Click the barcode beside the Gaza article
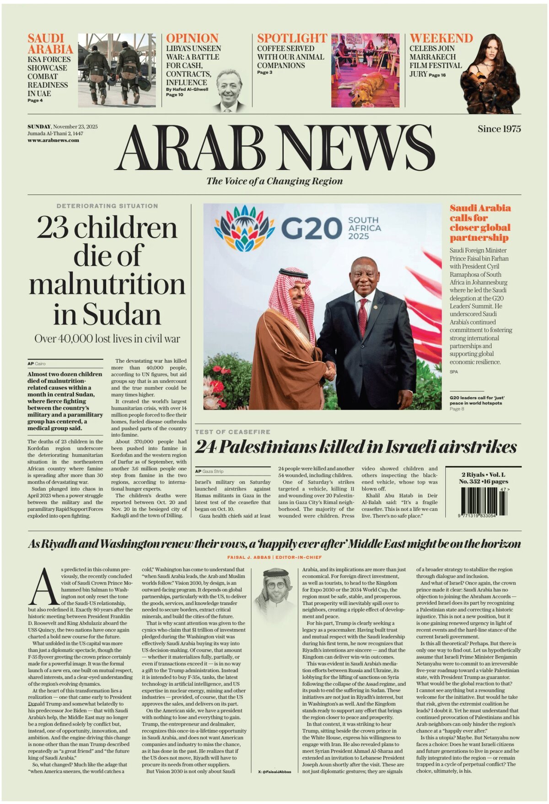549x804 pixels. [x=479, y=502]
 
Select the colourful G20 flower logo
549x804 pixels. [x=241, y=228]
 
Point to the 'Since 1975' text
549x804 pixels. [x=499, y=129]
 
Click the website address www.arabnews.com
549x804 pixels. [x=53, y=140]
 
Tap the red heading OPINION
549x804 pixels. [x=192, y=38]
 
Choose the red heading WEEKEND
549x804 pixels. [x=441, y=38]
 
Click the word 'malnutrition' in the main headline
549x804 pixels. [x=107, y=284]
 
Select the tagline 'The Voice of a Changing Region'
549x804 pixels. [x=274, y=181]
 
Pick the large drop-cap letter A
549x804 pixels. [x=44, y=588]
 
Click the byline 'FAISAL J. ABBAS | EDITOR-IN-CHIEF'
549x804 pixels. [x=274, y=557]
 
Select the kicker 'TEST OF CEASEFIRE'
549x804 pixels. [x=232, y=432]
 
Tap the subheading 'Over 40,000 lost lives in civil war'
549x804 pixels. [x=107, y=339]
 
